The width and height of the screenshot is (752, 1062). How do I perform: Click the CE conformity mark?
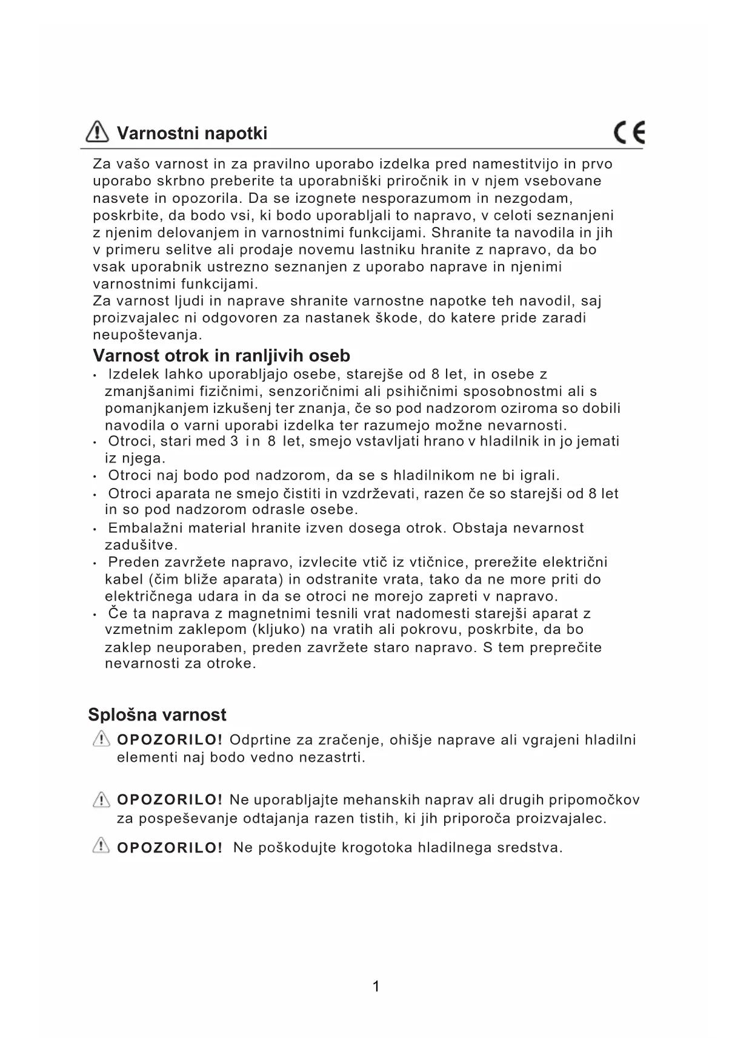click(629, 133)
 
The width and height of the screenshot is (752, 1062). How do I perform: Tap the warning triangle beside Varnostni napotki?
click(98, 131)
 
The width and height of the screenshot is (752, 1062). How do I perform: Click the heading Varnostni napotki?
click(191, 133)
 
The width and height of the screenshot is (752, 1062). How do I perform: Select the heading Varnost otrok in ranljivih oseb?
click(221, 355)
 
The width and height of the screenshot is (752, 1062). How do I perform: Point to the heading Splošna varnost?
click(157, 714)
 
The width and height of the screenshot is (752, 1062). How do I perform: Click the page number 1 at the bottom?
click(376, 987)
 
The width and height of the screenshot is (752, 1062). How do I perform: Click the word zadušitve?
click(141, 545)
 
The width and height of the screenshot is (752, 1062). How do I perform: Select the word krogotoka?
click(377, 848)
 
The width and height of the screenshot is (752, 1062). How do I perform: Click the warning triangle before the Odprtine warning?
click(101, 739)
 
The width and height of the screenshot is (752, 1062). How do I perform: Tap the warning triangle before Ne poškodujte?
click(101, 846)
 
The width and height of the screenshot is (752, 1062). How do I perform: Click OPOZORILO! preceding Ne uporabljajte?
click(170, 800)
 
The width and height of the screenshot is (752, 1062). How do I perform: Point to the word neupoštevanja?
click(147, 335)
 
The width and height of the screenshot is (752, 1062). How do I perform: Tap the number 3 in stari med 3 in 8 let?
click(234, 441)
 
